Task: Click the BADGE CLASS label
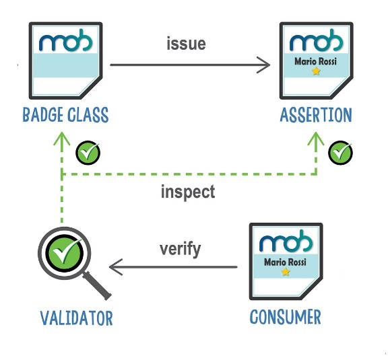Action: coord(65,114)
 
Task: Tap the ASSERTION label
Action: coord(316,115)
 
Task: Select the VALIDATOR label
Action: coord(77,318)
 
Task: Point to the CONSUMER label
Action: coord(286,317)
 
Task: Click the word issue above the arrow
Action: coord(186,43)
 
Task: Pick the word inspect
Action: coord(188,192)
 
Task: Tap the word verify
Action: coord(181,250)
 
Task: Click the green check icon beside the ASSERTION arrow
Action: coord(341,153)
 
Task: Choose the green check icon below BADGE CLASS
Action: coord(88,153)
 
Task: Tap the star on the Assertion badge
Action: coord(316,71)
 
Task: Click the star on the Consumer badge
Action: coord(286,272)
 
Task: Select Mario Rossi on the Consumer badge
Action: coord(285,262)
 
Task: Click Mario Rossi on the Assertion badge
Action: coord(315,61)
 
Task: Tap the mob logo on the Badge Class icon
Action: coord(65,40)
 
